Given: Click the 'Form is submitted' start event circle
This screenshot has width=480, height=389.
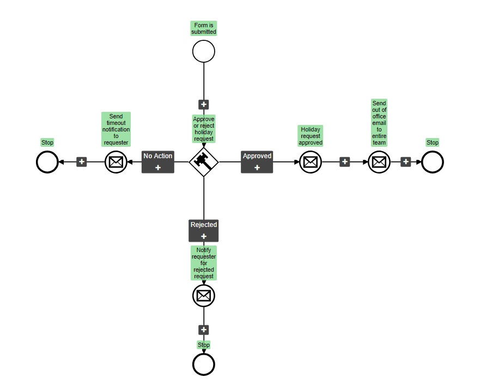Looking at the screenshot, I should coord(204,51).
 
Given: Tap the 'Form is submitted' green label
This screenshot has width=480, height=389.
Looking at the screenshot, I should coord(204,28).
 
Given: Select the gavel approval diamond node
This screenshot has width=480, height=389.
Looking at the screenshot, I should coord(204,161).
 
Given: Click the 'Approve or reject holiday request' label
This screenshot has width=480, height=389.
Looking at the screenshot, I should coord(204,129).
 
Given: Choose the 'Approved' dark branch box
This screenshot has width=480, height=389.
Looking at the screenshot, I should coord(257,161).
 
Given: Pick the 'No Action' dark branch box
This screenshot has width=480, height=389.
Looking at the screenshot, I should coord(158,161).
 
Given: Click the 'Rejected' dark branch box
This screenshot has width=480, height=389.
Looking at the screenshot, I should coord(204,230).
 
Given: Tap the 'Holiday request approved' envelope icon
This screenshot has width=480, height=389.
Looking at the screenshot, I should coord(311,162).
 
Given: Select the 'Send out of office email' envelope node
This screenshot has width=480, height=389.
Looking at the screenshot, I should coord(379,162).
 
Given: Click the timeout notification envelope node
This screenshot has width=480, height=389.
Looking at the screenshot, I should coord(116,162).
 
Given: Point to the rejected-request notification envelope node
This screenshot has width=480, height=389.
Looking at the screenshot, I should coord(204,296).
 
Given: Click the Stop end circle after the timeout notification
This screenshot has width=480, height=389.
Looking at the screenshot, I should coord(47,162).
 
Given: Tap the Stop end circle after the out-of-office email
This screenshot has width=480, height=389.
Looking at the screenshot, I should coord(433,162).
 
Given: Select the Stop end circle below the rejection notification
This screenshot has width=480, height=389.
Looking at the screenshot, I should coord(204,364).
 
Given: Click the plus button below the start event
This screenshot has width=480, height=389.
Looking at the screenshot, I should coord(204,104).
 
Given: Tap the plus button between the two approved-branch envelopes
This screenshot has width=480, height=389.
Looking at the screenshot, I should coord(345,162).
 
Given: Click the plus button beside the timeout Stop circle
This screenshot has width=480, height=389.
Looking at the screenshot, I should coord(82,162).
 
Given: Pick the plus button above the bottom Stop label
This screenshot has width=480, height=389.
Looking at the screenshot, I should coord(204,330).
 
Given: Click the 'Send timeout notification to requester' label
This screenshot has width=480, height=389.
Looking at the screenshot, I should coord(116,129).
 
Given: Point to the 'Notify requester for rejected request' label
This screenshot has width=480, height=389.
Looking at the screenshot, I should coord(204,263).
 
